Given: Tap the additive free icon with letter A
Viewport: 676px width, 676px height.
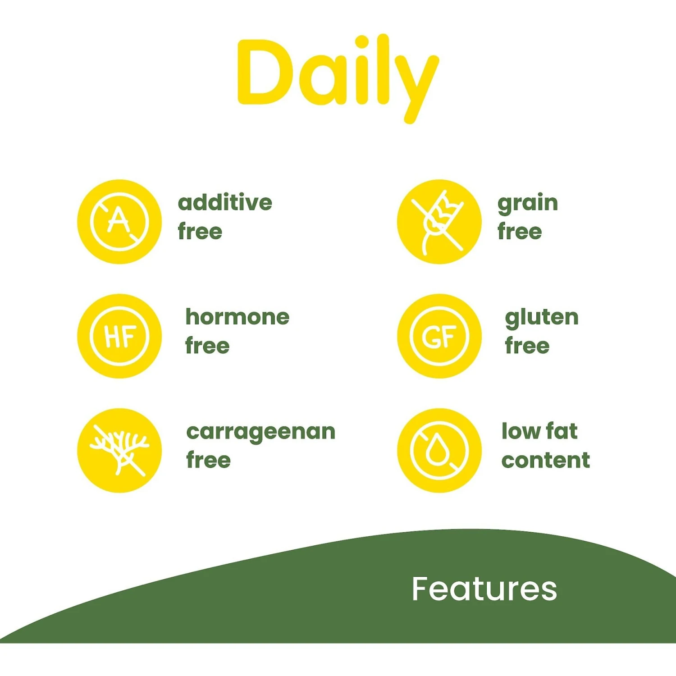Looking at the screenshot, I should click(119, 221).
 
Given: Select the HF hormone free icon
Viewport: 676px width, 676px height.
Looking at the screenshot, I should click(119, 336).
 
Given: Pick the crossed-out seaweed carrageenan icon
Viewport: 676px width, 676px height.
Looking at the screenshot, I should click(119, 450).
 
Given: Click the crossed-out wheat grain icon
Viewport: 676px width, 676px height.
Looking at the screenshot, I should click(439, 221).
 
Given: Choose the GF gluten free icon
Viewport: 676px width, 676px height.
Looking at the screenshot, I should click(439, 336).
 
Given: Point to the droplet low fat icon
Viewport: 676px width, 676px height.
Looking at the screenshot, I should click(439, 450).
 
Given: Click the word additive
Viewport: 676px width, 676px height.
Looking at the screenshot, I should click(225, 202).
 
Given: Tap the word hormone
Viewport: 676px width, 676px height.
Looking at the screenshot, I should click(237, 317).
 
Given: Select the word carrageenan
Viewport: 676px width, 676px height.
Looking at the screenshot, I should click(261, 432).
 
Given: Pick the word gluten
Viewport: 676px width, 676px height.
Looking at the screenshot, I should click(542, 318).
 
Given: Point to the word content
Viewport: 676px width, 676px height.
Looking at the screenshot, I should click(545, 460).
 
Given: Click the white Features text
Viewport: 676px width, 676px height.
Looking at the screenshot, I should click(484, 589).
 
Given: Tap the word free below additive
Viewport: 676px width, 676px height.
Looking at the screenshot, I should click(200, 231).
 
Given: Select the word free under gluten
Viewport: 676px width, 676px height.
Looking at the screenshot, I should click(527, 346).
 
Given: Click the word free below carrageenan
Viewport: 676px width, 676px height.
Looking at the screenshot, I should click(209, 460).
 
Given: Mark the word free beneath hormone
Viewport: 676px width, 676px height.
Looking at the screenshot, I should click(207, 346).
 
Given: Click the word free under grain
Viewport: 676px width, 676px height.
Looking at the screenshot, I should click(520, 231).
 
